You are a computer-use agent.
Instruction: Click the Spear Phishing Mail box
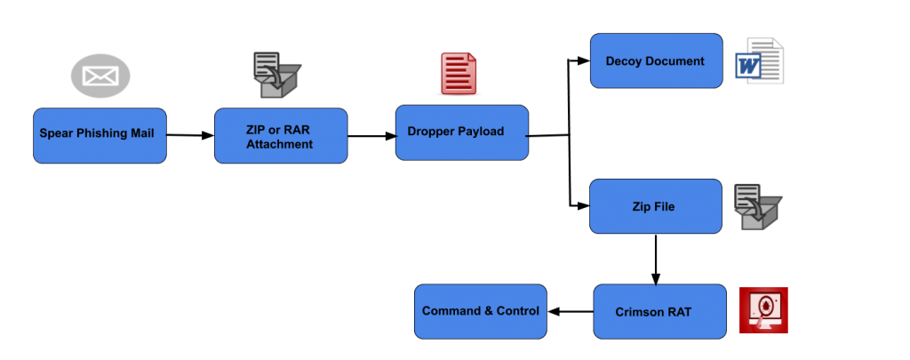coord(100,136)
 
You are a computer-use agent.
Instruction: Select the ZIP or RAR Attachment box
coord(280,136)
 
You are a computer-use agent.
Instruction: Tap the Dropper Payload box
coord(461,132)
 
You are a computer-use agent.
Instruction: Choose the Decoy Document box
coord(656,61)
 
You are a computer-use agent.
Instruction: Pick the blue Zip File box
coord(656,207)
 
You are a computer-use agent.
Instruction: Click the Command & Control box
coord(481,312)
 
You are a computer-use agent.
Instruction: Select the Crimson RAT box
coord(659,312)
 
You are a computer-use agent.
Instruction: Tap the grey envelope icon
coord(100,76)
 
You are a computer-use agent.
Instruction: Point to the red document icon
coord(459,73)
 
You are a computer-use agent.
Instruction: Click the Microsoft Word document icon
coord(760,61)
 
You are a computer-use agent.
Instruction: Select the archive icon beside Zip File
coord(757,207)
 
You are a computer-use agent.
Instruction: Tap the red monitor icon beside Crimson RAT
coord(762,310)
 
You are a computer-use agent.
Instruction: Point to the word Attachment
coord(280,144)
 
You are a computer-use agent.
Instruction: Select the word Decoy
coord(624,61)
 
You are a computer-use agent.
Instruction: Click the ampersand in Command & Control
coord(489,311)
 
